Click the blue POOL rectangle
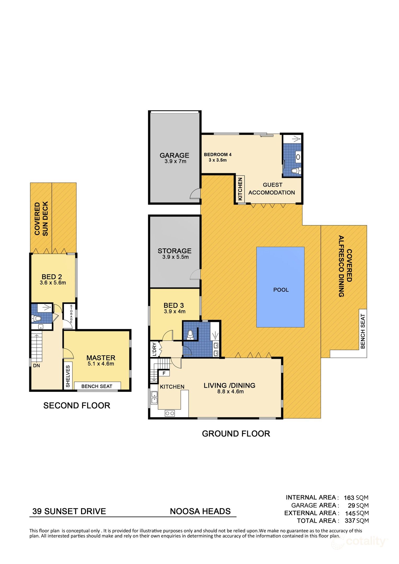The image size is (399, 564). [x=280, y=287]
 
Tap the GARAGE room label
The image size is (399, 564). [x=174, y=155]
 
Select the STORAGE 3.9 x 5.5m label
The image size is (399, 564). [x=175, y=254]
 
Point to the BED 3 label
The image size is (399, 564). [x=174, y=305]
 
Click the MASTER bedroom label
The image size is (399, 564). [x=101, y=358]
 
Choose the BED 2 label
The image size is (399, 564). [x=52, y=277]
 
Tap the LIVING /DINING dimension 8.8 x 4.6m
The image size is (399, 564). [x=230, y=391]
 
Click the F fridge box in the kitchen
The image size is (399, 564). [x=164, y=373]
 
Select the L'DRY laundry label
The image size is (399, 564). [x=154, y=349]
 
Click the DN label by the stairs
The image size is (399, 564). [x=37, y=366]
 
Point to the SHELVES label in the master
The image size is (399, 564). [x=68, y=376]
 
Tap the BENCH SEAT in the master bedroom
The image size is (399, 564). [x=97, y=386]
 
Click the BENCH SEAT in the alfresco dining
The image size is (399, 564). [x=363, y=331]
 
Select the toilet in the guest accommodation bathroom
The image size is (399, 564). [x=296, y=171]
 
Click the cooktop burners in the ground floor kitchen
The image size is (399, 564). [x=170, y=413]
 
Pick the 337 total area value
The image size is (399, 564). [x=350, y=520]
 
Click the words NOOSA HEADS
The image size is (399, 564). [x=200, y=511]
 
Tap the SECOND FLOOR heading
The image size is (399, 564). [x=77, y=406]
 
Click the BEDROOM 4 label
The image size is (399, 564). [x=218, y=155]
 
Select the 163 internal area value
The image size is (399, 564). [x=349, y=497]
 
